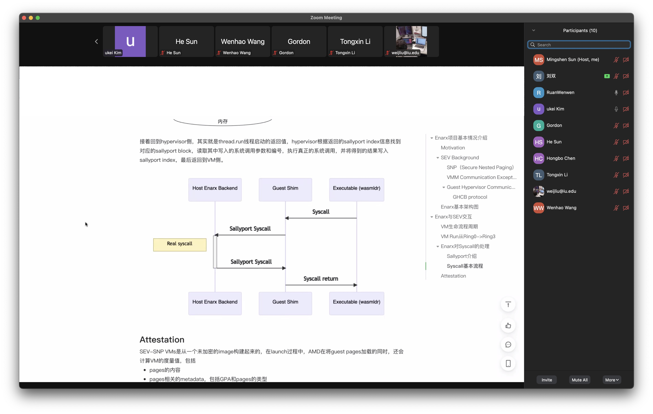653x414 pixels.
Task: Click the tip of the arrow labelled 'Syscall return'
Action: [357, 285]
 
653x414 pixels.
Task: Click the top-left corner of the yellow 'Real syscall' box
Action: [153, 239]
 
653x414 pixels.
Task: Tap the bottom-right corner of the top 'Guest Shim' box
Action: [312, 201]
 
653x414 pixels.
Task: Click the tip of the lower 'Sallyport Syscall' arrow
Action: [286, 268]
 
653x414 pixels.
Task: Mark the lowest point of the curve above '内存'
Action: [222, 126]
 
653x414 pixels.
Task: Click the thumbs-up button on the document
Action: [508, 326]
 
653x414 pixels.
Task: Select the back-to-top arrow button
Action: [508, 304]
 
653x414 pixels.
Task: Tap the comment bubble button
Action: [508, 345]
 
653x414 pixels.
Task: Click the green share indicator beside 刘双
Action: [607, 76]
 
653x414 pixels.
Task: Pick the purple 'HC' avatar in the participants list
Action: [539, 158]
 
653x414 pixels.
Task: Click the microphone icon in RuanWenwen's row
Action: [616, 92]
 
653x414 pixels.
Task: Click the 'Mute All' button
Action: [579, 380]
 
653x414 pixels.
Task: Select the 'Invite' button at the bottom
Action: [547, 380]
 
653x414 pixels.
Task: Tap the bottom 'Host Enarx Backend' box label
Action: [215, 302]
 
